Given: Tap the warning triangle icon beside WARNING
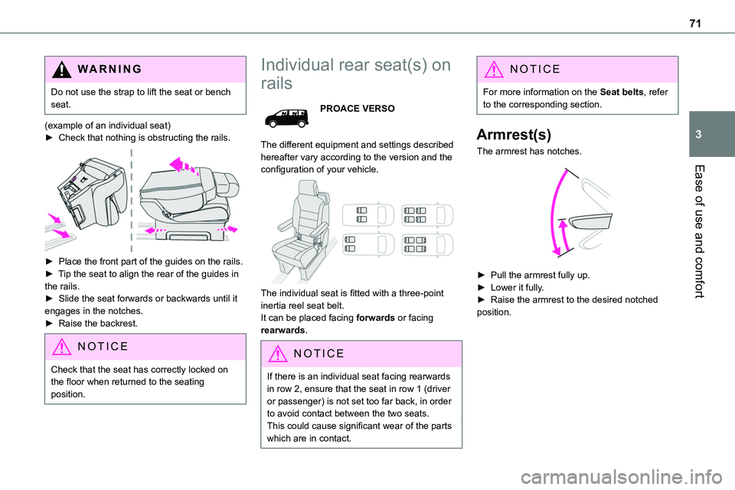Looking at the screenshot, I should pyautogui.click(x=63, y=69).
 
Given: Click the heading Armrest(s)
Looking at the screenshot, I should pyautogui.click(x=512, y=134).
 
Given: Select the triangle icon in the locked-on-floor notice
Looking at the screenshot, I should pyautogui.click(x=63, y=346).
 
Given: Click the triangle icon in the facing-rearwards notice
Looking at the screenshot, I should pyautogui.click(x=279, y=354).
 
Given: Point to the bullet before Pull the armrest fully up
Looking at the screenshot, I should pyautogui.click(x=481, y=273).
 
